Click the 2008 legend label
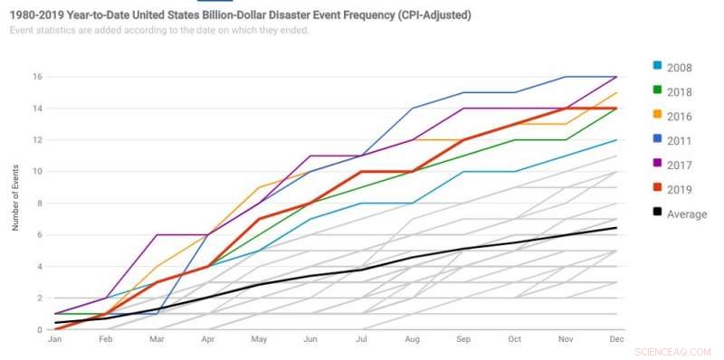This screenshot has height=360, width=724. click(x=679, y=67)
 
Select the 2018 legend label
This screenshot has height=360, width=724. click(x=679, y=91)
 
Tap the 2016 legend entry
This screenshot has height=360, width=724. click(x=679, y=116)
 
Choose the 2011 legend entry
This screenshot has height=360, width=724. click(x=679, y=141)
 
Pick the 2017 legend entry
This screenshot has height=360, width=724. click(x=679, y=166)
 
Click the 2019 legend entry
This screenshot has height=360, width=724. click(x=679, y=190)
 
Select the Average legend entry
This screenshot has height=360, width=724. click(x=685, y=214)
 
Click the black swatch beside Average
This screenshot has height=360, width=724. click(x=658, y=214)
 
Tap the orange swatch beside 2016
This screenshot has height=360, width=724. click(x=658, y=116)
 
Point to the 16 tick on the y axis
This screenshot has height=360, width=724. click(x=39, y=77)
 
